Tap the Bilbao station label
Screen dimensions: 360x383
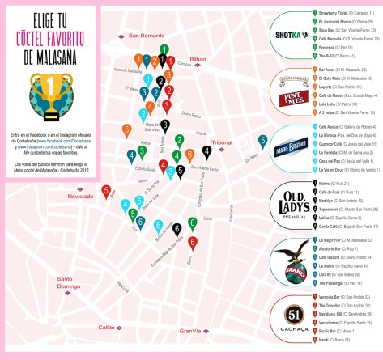pos(199,60)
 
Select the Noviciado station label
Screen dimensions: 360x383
pos(82,197)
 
